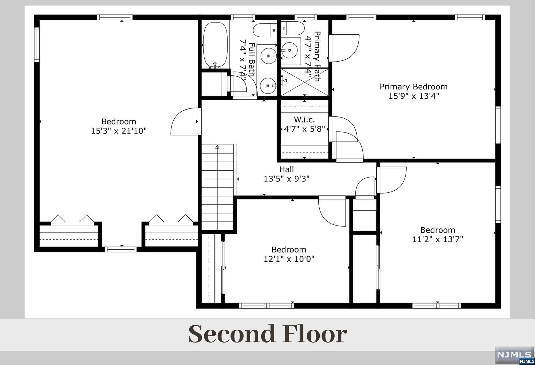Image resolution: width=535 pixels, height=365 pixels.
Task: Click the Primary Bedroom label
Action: (414, 87)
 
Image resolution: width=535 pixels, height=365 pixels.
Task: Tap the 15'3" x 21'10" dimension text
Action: (119, 131)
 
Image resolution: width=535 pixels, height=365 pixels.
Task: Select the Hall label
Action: (286, 169)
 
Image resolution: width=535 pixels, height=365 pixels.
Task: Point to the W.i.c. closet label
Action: (304, 119)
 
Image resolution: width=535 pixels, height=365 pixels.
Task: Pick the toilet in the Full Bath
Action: (265, 30)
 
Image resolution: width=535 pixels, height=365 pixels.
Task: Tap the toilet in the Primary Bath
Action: (292, 28)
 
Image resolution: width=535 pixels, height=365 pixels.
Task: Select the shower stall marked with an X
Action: (304, 82)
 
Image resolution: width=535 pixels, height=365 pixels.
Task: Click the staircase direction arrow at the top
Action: (217, 147)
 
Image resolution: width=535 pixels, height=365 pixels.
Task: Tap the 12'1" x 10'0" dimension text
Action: (289, 259)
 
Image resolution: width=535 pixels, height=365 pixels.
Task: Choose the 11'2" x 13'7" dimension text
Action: (438, 239)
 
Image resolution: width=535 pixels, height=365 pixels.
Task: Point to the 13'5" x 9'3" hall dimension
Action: (286, 179)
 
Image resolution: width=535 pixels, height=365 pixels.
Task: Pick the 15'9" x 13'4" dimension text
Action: (414, 96)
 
